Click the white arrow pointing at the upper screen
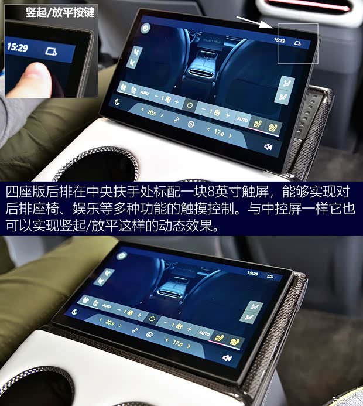point(256,22)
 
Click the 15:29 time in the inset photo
point(18,47)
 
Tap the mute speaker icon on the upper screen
point(268,146)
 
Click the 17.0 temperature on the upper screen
point(219,133)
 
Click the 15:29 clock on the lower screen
point(252,274)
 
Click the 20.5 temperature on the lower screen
point(110,323)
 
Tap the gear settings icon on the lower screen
point(149,335)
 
